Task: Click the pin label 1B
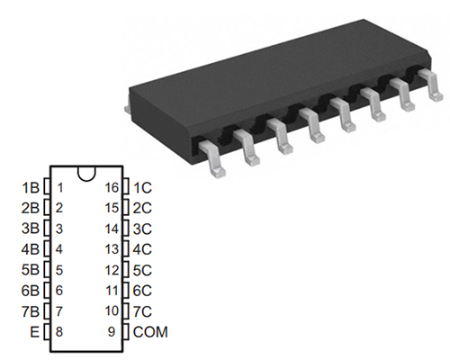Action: (x=31, y=188)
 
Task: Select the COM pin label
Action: (x=150, y=332)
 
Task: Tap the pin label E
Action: (x=35, y=332)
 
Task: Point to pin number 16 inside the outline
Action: (x=112, y=187)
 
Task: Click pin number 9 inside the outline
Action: (x=112, y=332)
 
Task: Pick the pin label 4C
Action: (x=142, y=249)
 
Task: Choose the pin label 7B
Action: (x=31, y=311)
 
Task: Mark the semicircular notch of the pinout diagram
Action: (x=86, y=175)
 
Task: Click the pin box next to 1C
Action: (x=126, y=186)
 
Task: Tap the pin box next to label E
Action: (x=47, y=332)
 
